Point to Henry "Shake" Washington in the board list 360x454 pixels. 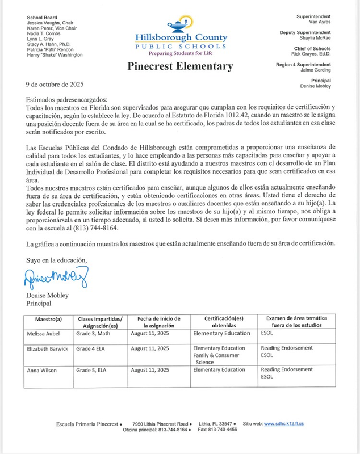point(55,55)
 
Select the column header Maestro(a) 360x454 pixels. point(48,319)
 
